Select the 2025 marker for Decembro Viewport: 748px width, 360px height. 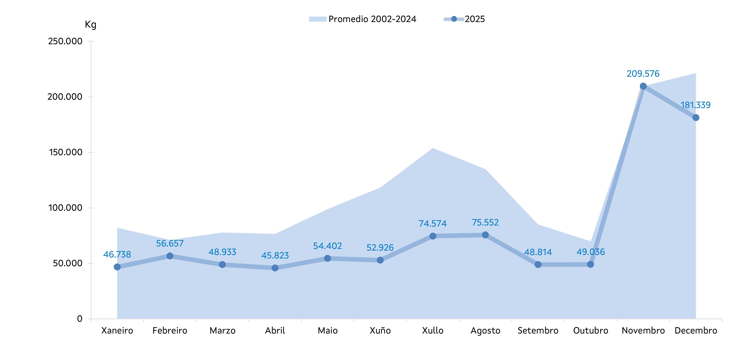(696, 118)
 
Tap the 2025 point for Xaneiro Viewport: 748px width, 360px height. (117, 267)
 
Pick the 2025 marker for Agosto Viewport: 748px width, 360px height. (485, 235)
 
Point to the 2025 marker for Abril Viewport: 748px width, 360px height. (275, 268)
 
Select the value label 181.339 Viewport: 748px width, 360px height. (696, 105)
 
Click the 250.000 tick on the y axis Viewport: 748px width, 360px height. (65, 41)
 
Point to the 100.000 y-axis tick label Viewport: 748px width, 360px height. (65, 208)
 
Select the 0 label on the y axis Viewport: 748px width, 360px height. (80, 319)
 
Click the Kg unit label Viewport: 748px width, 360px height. (90, 24)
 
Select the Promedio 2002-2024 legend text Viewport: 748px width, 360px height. (372, 19)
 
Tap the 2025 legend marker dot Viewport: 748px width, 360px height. (454, 19)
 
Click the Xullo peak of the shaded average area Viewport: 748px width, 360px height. (433, 148)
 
